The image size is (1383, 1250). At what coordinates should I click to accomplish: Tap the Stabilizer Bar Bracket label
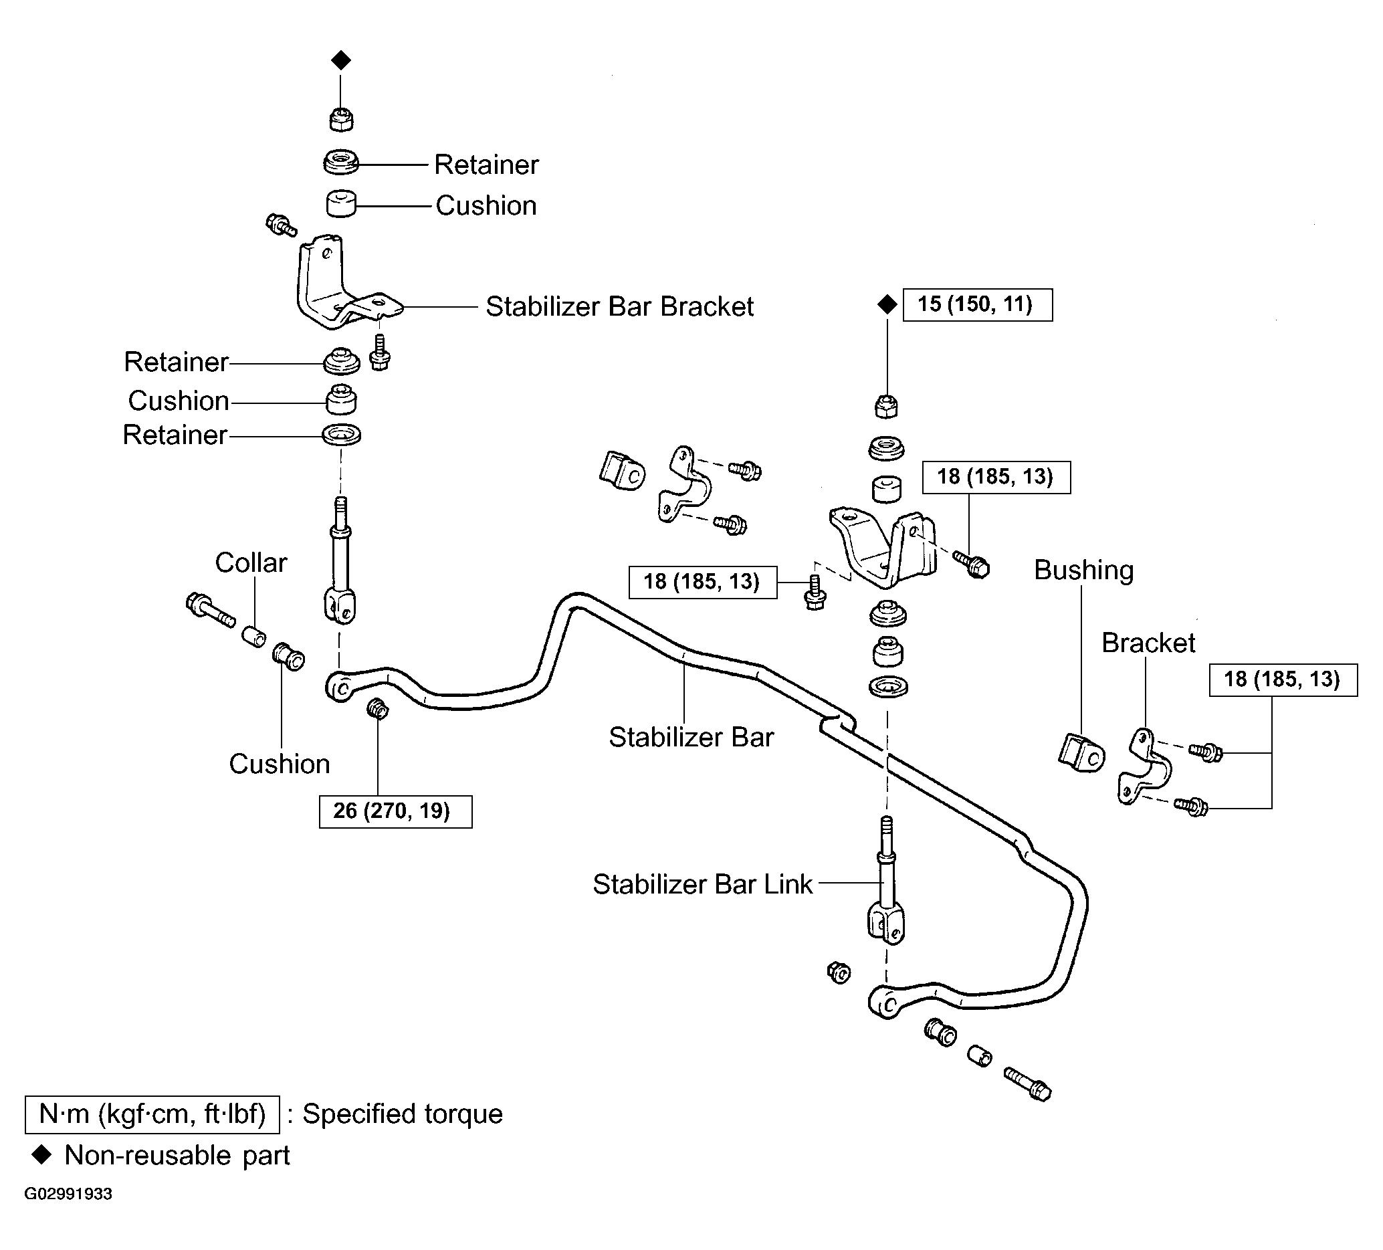(x=619, y=307)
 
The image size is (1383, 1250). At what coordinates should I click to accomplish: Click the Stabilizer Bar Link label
(x=702, y=884)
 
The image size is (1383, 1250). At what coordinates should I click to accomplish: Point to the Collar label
(x=251, y=562)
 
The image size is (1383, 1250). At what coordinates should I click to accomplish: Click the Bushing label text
(x=1084, y=570)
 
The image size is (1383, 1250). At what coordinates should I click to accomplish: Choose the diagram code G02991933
(x=68, y=1194)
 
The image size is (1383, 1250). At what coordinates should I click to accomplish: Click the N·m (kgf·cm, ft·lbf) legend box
(x=152, y=1114)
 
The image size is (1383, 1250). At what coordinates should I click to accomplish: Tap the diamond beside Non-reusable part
(x=43, y=1155)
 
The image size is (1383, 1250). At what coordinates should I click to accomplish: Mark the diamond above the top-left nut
(x=341, y=60)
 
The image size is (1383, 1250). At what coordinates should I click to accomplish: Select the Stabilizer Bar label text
(x=691, y=737)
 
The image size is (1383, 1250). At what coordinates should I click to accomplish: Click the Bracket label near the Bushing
(x=1148, y=643)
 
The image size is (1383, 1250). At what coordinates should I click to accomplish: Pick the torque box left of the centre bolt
(x=703, y=583)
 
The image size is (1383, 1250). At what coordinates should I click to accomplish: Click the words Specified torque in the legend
(x=403, y=1114)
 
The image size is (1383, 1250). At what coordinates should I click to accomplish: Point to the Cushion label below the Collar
(x=279, y=764)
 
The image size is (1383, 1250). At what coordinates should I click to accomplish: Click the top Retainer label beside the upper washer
(x=486, y=165)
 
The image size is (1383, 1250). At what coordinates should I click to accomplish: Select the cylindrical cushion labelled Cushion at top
(x=341, y=204)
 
